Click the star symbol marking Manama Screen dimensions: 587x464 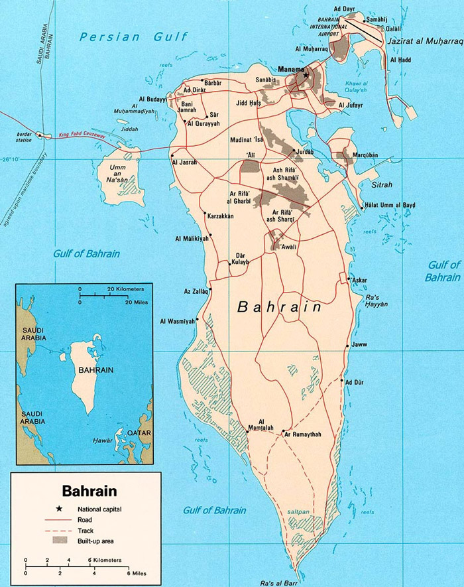coord(306,76)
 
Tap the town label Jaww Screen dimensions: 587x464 coord(361,345)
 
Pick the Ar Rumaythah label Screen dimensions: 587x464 coord(302,434)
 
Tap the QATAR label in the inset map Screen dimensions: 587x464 coord(140,433)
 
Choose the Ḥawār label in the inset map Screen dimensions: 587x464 coord(103,440)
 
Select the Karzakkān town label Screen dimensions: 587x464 coord(221,217)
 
